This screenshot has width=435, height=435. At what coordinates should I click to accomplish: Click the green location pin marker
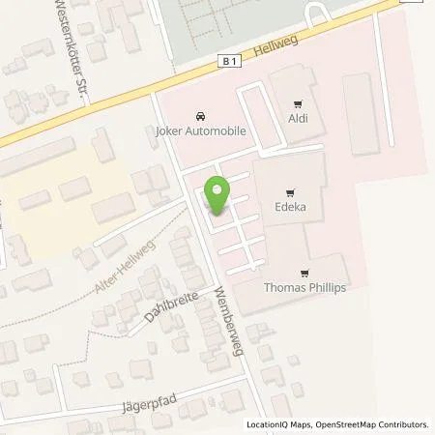(217, 196)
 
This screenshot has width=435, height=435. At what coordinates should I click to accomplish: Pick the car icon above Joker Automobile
(200, 113)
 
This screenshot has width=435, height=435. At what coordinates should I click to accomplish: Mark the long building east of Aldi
(362, 114)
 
